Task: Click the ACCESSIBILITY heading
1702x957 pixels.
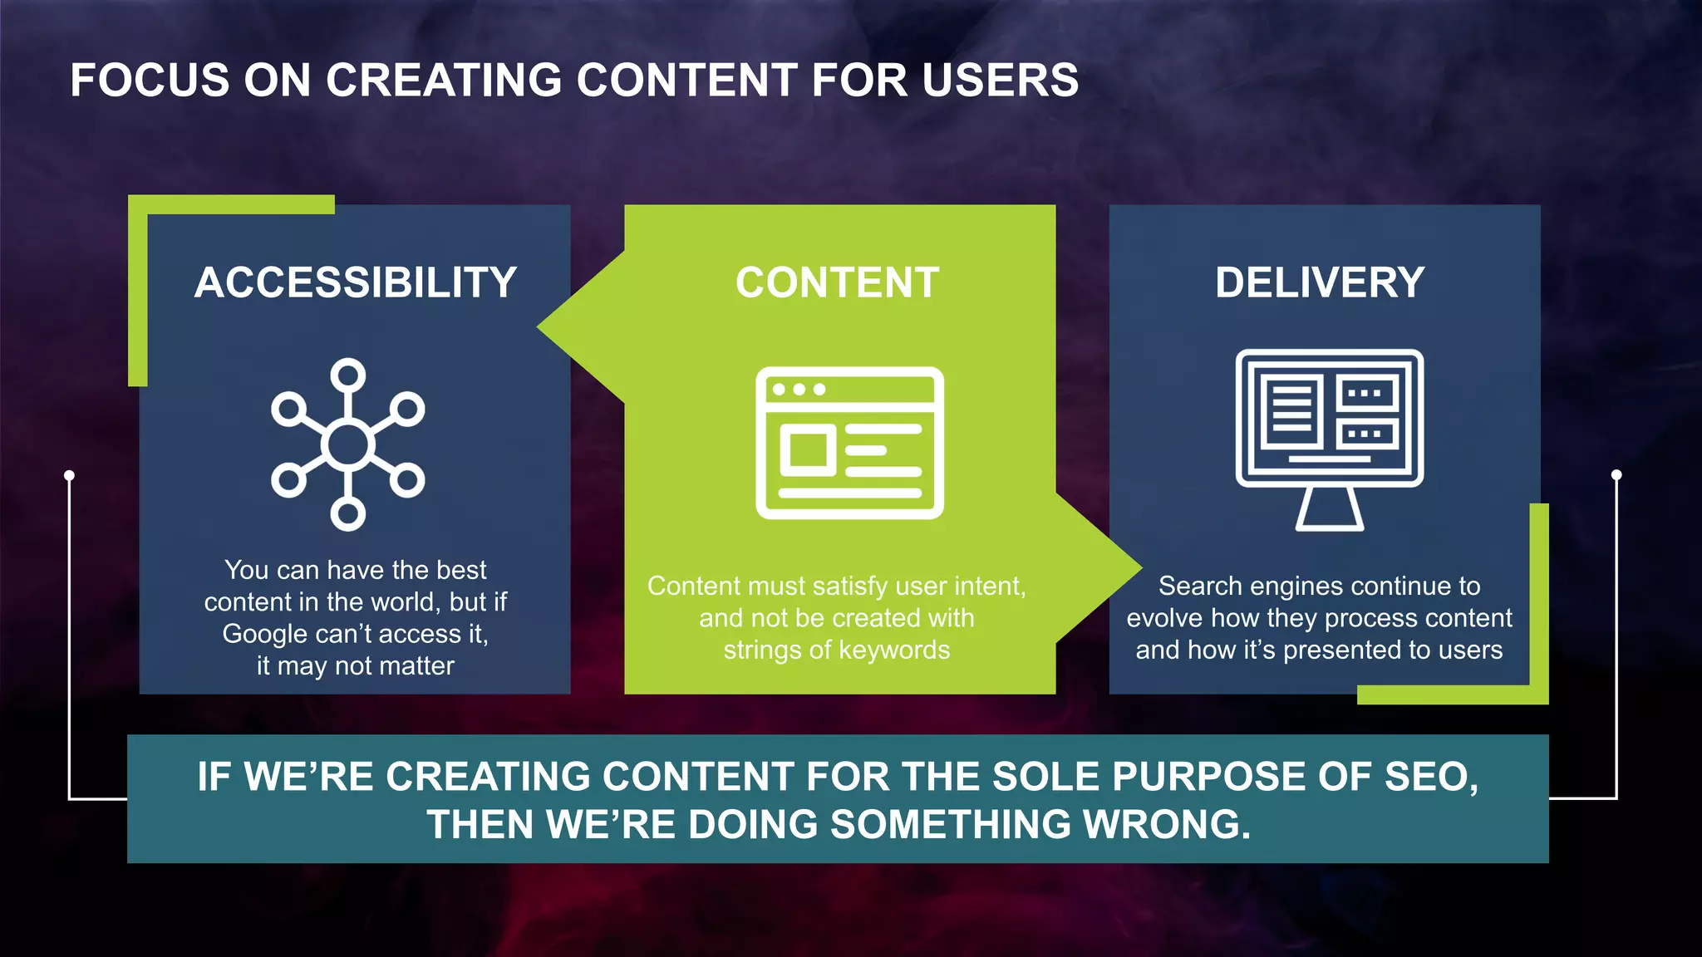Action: coord(356,283)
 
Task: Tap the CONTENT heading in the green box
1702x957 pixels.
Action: coord(837,283)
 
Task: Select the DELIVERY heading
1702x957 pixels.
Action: coord(1320,283)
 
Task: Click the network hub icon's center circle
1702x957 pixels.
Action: coord(348,445)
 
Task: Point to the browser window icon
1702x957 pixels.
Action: coord(849,443)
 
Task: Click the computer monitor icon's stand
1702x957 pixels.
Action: coord(1329,508)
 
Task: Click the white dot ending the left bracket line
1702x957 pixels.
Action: coord(70,475)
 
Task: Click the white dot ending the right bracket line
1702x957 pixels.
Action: coord(1616,475)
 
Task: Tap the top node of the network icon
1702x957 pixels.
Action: coord(348,375)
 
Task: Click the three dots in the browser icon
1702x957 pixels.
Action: coord(798,390)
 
